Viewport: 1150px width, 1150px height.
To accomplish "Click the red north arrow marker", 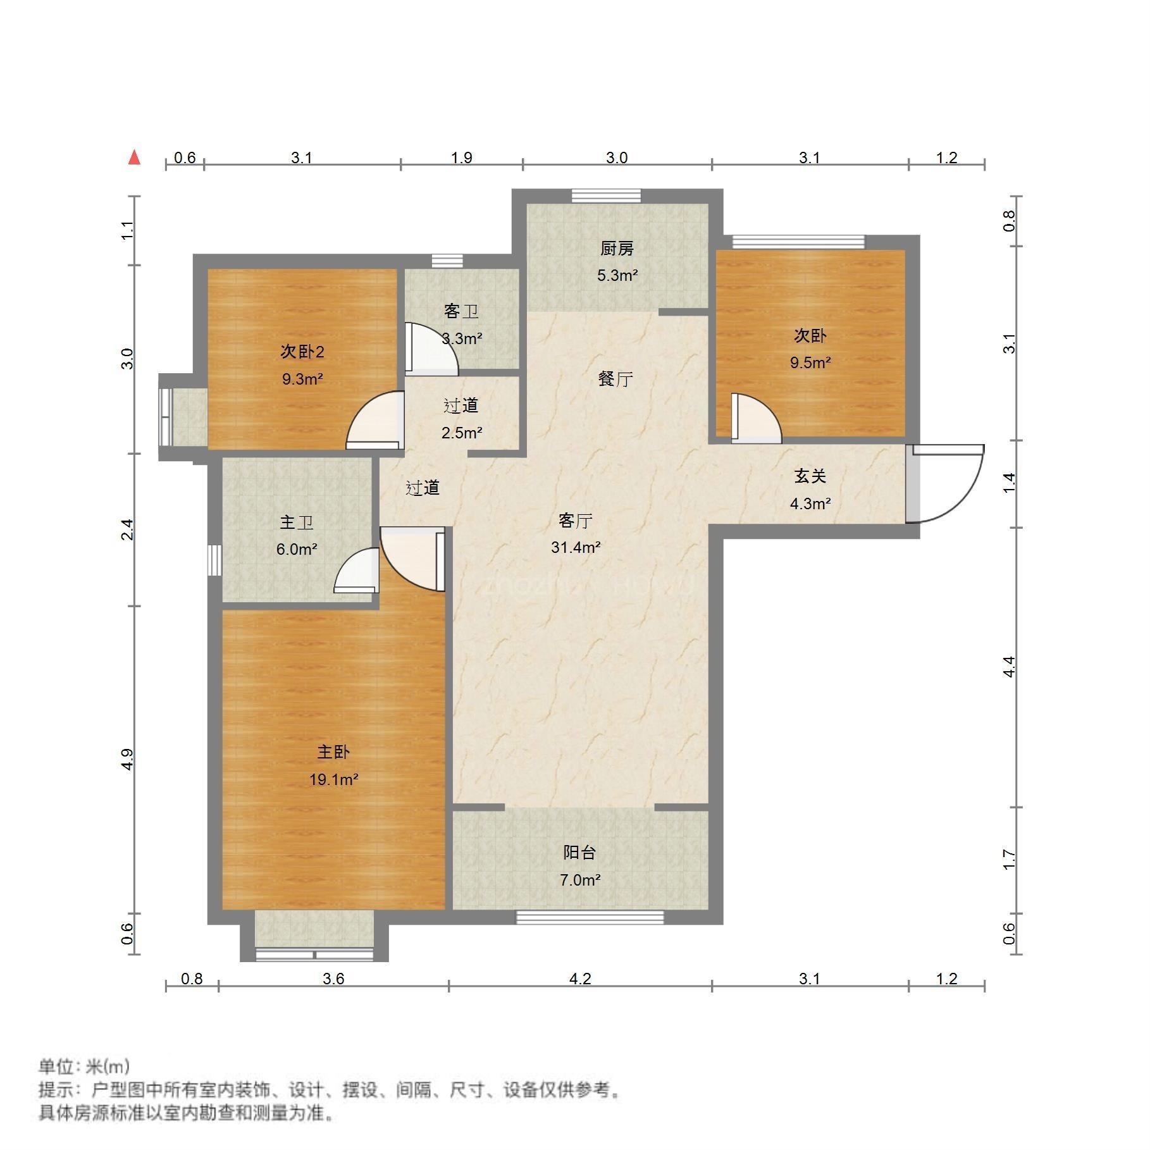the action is [x=134, y=157].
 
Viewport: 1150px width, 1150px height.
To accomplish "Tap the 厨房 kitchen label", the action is [x=617, y=249].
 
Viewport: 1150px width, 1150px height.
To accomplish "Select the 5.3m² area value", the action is [x=617, y=276].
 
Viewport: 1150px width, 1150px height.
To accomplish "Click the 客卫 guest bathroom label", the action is [x=461, y=311].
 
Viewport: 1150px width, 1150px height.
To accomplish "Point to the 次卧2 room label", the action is [x=302, y=352].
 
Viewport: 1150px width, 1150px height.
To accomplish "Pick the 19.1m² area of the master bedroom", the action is [x=334, y=779].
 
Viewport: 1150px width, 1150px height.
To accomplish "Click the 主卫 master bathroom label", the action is [x=297, y=522].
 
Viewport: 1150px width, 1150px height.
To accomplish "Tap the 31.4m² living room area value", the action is [x=576, y=547].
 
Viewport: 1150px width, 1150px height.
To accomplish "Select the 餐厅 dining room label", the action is [x=615, y=379].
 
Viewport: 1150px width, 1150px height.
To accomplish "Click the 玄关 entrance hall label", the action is [x=810, y=476].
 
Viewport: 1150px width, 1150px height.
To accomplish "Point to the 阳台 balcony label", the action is [x=579, y=852].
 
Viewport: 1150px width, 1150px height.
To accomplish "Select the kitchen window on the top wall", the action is [x=606, y=196].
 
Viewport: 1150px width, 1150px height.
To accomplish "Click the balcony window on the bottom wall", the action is [x=590, y=917].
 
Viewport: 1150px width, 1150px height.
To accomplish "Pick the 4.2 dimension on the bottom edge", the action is [x=580, y=979].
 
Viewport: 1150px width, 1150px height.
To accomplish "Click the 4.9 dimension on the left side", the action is [x=128, y=760].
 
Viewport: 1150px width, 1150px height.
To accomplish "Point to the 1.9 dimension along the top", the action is [x=462, y=158].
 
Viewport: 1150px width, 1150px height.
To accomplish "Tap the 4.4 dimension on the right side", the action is [x=1010, y=667].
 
